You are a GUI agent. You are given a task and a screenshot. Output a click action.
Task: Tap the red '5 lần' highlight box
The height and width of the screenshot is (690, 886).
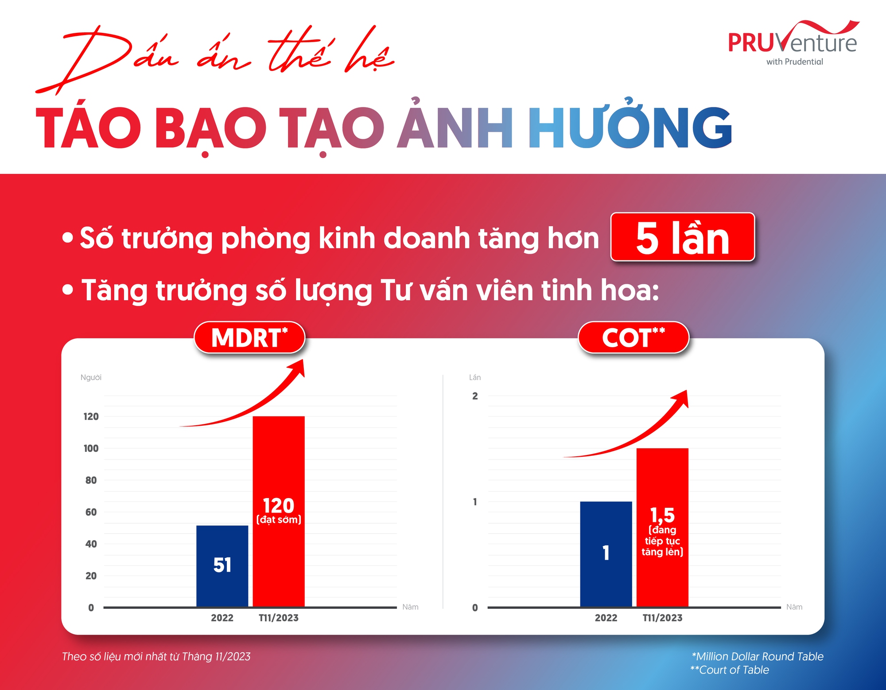click(x=682, y=237)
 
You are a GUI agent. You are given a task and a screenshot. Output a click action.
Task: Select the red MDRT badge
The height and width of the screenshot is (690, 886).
click(x=249, y=337)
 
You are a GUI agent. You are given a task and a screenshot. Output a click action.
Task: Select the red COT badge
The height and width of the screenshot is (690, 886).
click(x=633, y=337)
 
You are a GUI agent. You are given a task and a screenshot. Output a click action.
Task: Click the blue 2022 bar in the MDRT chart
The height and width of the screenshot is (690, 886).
click(x=222, y=565)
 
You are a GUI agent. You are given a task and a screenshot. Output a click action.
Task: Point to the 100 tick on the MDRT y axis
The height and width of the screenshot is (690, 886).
click(x=91, y=448)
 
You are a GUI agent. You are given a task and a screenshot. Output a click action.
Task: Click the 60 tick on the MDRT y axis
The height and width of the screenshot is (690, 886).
click(x=91, y=512)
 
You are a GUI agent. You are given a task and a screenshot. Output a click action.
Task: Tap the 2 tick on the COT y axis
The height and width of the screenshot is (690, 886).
click(x=475, y=396)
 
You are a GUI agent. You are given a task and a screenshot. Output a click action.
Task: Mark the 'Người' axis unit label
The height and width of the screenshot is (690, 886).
click(x=91, y=377)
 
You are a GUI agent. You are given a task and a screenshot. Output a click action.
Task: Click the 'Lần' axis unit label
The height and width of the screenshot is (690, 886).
click(x=475, y=377)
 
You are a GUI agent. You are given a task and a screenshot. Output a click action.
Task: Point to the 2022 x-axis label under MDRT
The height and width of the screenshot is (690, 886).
click(x=222, y=618)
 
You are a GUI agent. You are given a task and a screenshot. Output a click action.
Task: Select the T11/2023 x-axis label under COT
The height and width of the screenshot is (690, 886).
click(x=662, y=618)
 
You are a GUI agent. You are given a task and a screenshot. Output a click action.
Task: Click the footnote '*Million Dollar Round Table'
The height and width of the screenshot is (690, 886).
click(x=758, y=656)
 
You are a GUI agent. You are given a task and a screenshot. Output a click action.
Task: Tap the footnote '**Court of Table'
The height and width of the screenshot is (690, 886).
click(x=730, y=670)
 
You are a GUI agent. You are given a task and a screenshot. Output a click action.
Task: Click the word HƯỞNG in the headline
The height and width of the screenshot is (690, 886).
click(x=629, y=127)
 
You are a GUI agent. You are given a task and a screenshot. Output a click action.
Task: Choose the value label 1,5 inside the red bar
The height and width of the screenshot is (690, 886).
click(x=662, y=515)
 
